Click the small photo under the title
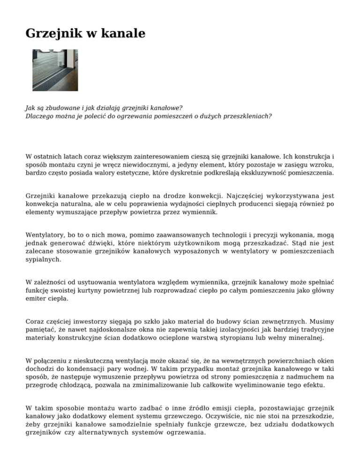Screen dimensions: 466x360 click(x=55, y=71)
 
